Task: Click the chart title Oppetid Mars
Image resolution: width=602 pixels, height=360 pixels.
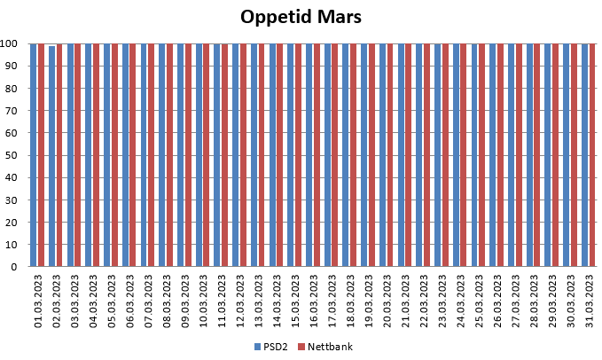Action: click(301, 17)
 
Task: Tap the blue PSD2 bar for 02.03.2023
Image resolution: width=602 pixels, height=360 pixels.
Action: click(51, 156)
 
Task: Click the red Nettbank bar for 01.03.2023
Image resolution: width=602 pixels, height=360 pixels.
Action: click(41, 154)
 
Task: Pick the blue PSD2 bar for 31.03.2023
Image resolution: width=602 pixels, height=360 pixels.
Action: click(584, 154)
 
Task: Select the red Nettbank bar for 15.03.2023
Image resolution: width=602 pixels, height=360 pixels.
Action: click(298, 154)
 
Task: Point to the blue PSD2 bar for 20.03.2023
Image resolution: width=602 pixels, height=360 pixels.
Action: click(382, 154)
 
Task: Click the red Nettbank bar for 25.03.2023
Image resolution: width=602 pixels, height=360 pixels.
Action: click(481, 154)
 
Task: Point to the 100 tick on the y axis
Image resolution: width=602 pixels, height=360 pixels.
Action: click(10, 43)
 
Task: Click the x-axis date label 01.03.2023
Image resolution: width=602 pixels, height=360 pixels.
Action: click(38, 301)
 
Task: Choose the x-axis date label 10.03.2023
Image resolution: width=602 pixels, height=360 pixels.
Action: click(203, 301)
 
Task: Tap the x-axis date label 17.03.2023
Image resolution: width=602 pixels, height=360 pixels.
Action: click(332, 301)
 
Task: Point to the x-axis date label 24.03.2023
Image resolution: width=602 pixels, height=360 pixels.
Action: click(460, 301)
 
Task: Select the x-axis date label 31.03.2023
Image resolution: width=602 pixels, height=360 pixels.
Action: click(589, 301)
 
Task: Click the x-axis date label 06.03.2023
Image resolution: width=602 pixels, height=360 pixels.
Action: click(129, 301)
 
